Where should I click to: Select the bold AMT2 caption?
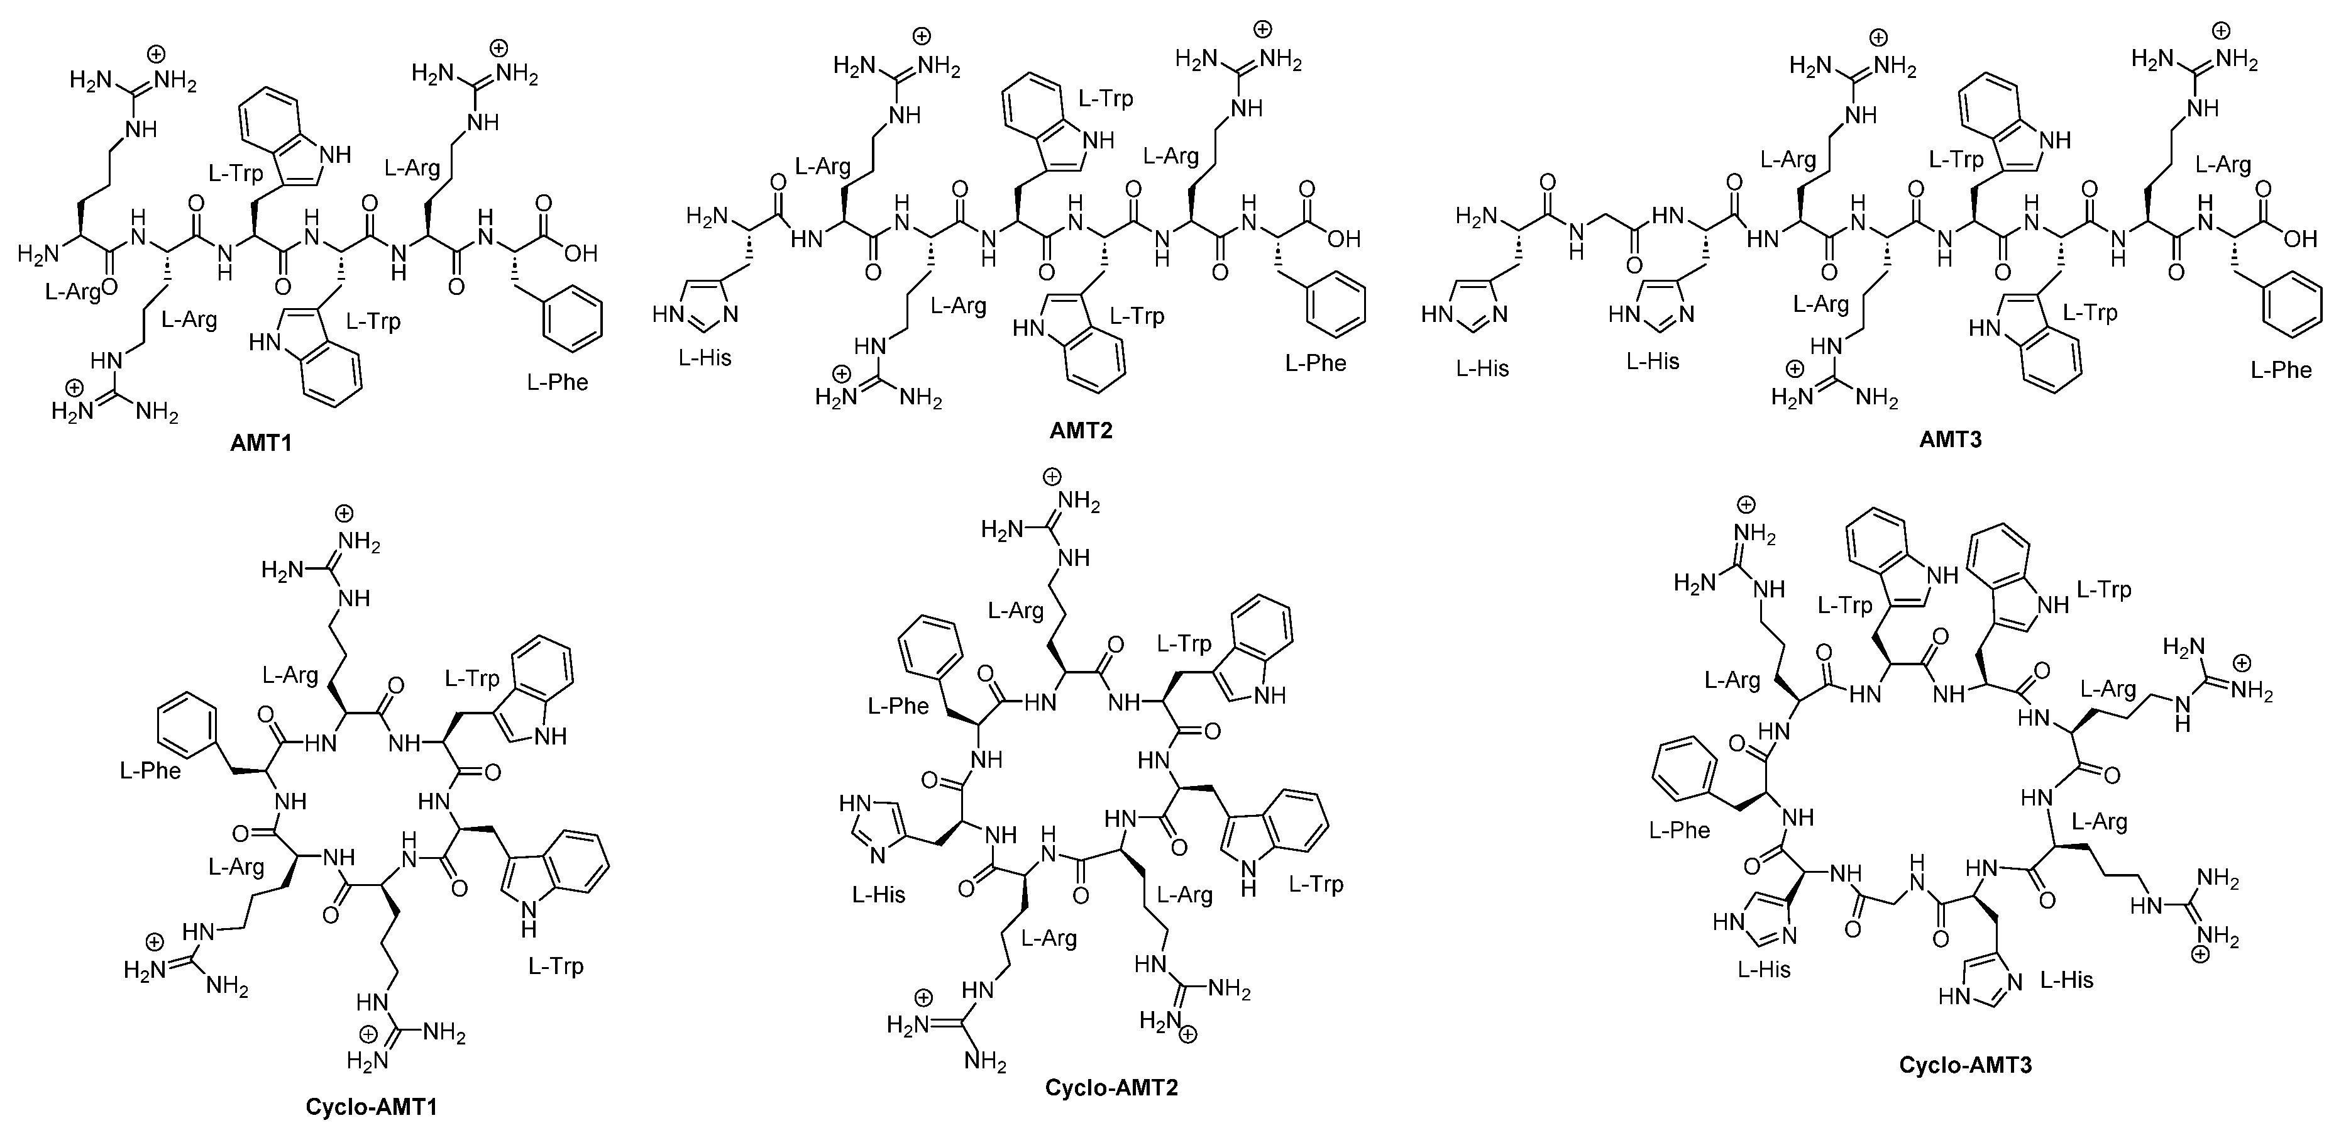pyautogui.click(x=1081, y=431)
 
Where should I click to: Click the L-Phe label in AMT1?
pyautogui.click(x=558, y=382)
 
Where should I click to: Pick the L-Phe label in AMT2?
pyautogui.click(x=1315, y=363)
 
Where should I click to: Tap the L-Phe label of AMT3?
pyautogui.click(x=2281, y=370)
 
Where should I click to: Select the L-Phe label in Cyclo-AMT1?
pyautogui.click(x=150, y=771)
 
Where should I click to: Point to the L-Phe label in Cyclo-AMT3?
pyautogui.click(x=1680, y=830)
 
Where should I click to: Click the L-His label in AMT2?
pyautogui.click(x=705, y=358)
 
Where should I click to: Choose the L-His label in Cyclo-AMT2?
pyautogui.click(x=879, y=895)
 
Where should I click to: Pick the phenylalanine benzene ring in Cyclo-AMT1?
pyautogui.click(x=187, y=726)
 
